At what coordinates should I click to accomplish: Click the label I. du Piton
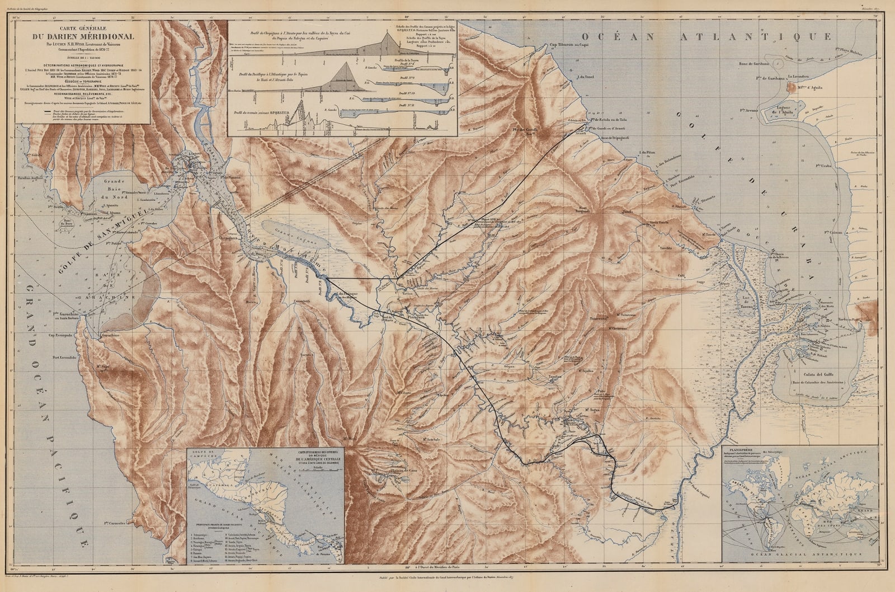[x=647, y=153]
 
